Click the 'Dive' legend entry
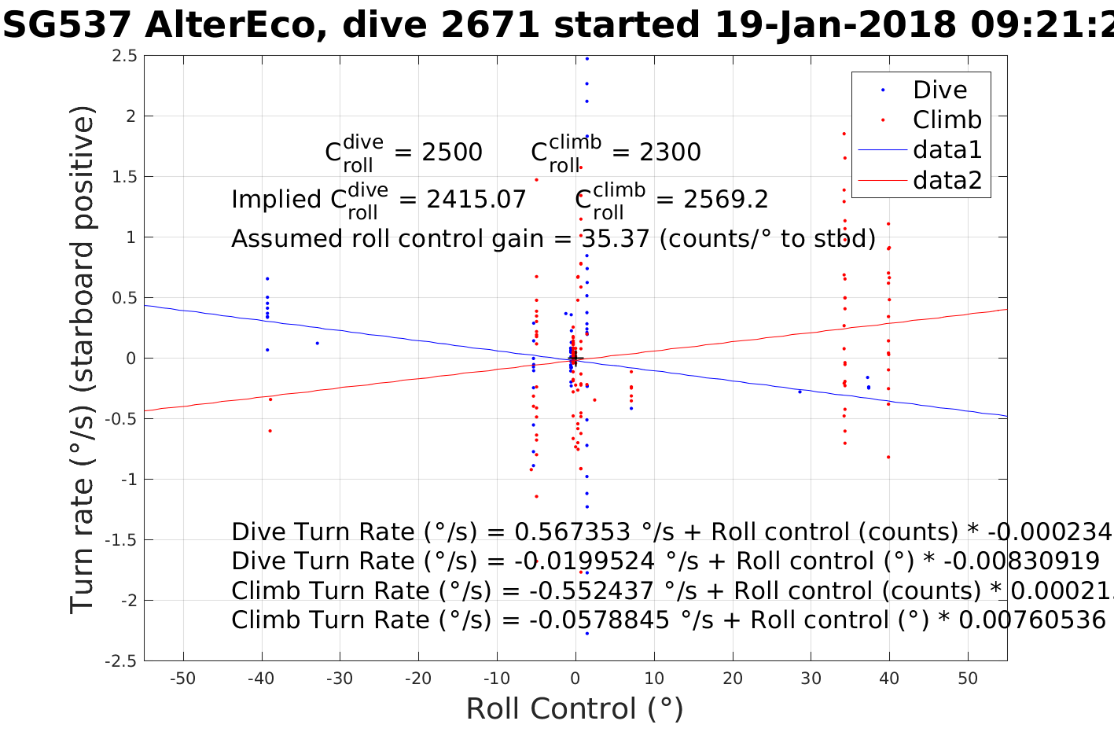(939, 90)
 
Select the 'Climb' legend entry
(947, 120)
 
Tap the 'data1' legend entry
(947, 149)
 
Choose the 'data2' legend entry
(947, 180)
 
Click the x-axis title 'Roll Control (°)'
(575, 709)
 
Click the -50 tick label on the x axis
(182, 679)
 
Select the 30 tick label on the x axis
(811, 679)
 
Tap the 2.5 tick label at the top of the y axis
(124, 56)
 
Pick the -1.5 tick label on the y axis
(120, 540)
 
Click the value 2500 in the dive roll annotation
(452, 153)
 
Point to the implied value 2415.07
(476, 200)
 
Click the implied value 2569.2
(726, 200)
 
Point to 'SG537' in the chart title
(67, 26)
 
